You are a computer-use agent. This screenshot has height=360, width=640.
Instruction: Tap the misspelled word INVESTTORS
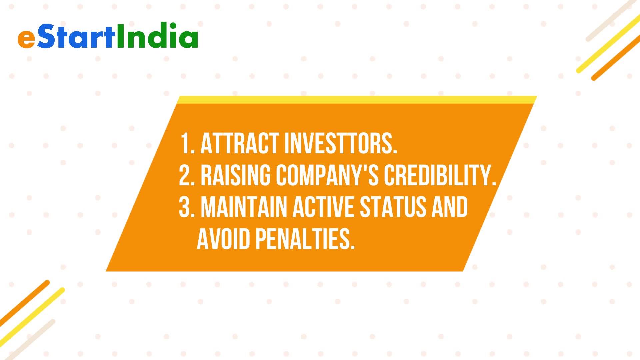[x=341, y=144]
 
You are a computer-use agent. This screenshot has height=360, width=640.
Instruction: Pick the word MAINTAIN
[x=244, y=207]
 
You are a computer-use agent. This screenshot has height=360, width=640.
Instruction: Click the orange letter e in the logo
[x=26, y=39]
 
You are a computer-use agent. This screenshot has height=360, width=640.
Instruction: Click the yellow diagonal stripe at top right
[x=609, y=44]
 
